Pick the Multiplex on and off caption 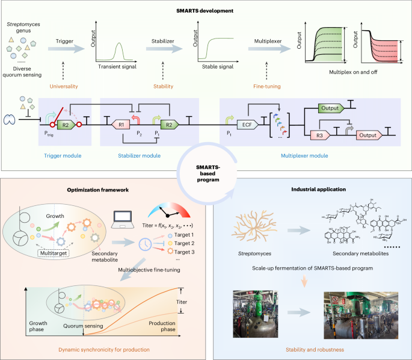[348, 79]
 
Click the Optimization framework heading [101, 188]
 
